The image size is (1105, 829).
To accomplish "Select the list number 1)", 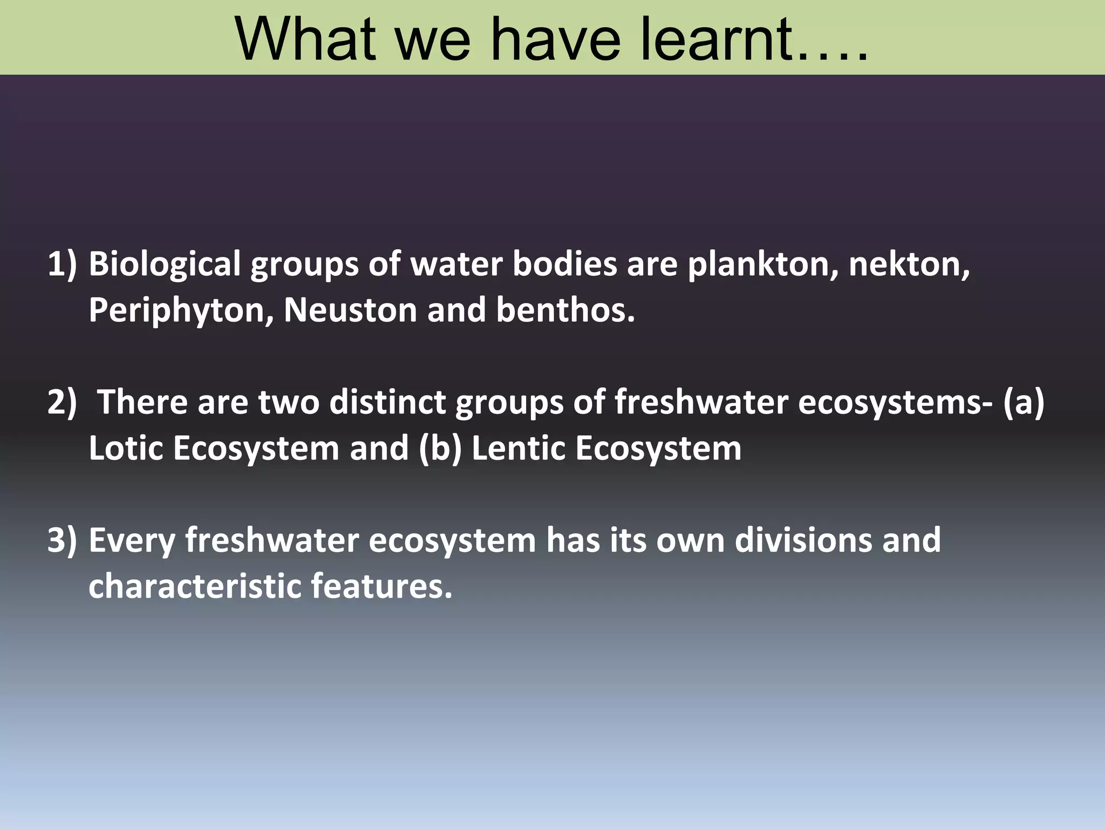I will click(63, 264).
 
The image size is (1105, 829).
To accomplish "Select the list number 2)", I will click(63, 403).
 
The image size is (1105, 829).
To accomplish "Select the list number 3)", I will click(63, 540).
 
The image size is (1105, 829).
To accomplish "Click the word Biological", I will click(165, 264).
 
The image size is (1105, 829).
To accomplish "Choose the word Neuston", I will click(351, 311).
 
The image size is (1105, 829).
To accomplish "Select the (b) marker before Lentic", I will click(440, 449).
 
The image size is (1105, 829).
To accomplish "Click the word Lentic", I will click(518, 449).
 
